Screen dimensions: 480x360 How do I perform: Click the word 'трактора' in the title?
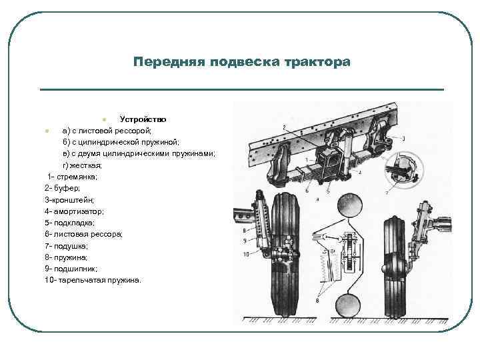tap(317, 63)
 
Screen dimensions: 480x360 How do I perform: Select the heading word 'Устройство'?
tap(138, 119)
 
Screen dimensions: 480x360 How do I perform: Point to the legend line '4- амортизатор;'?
tap(74, 211)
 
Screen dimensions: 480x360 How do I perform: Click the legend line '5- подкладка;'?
tap(70, 223)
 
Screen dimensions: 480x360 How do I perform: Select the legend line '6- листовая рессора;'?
tap(83, 234)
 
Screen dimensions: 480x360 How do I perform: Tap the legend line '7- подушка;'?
tap(67, 245)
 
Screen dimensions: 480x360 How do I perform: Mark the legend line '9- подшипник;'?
tap(71, 268)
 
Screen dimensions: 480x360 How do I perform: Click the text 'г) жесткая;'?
tap(82, 165)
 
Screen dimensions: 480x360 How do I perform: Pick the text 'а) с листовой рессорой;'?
tap(107, 131)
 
